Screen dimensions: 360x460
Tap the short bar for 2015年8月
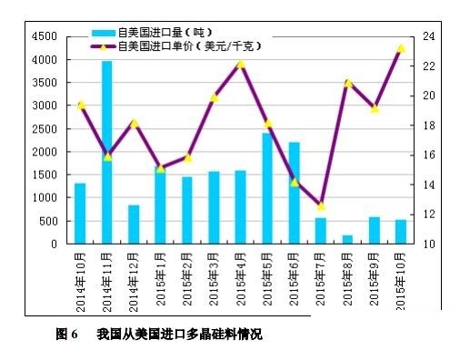click(347, 239)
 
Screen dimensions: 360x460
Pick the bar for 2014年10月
click(80, 213)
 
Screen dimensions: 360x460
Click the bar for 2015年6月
click(294, 193)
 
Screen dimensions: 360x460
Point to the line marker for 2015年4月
click(241, 64)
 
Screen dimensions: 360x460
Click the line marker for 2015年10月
click(400, 48)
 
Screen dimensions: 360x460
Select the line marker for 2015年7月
click(320, 205)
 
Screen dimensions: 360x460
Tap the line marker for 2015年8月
click(347, 83)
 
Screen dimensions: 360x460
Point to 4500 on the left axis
click(43, 36)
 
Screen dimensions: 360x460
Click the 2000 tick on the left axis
click(43, 152)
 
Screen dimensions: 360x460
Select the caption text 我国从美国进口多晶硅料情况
click(179, 335)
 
